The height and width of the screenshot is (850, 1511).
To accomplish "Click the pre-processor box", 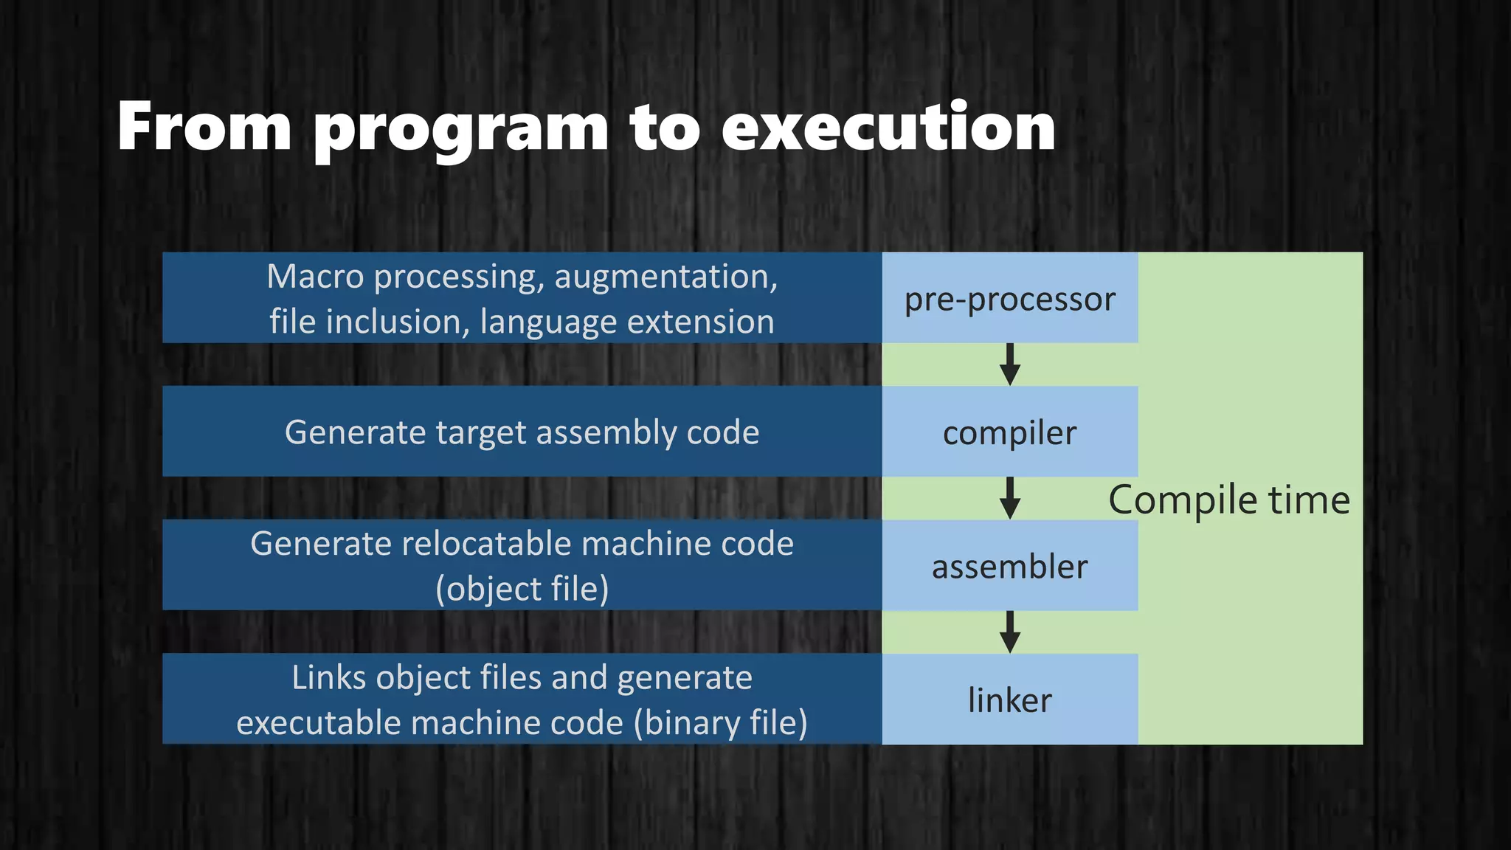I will (x=1009, y=298).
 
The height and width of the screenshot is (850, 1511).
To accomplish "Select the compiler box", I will (x=1009, y=432).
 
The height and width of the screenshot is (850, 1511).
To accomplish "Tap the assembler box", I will (x=1009, y=567).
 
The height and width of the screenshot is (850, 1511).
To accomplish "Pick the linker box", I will (x=1009, y=699).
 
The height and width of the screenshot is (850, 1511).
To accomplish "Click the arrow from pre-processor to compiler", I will (x=1009, y=364).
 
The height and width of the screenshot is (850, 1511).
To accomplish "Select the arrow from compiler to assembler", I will (x=1009, y=498).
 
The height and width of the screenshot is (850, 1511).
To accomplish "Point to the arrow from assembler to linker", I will (x=1009, y=632).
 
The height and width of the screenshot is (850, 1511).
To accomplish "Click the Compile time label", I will (x=1229, y=500).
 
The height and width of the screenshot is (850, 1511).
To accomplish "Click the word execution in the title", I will (x=888, y=127).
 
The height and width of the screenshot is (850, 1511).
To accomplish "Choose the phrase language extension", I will (x=627, y=322).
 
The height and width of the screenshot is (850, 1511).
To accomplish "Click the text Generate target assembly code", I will (x=522, y=432).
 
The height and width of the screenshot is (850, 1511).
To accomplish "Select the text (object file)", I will (x=522, y=589).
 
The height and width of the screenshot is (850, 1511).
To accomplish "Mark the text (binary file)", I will (x=720, y=723).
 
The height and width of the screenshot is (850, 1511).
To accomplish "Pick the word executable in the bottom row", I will (x=319, y=723).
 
